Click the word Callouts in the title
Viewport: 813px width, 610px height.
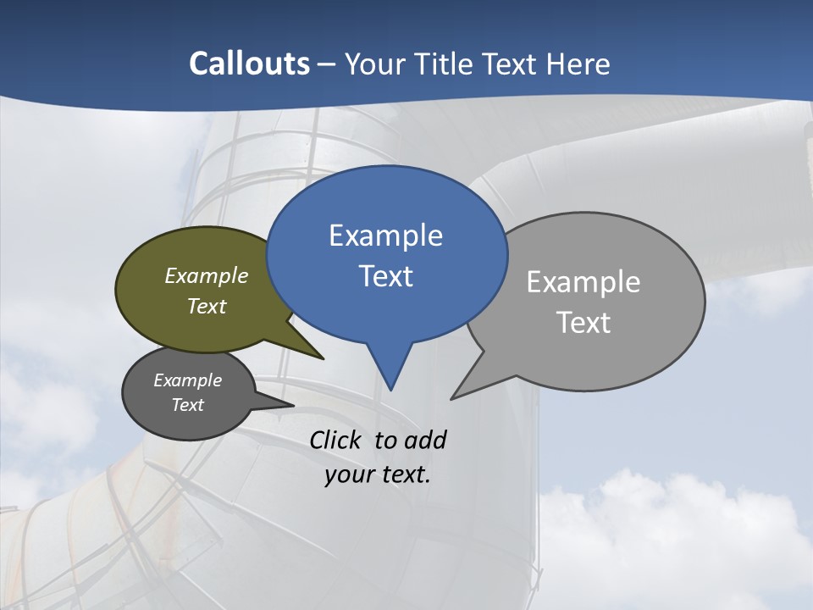coord(249,64)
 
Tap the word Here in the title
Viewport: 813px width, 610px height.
coord(578,64)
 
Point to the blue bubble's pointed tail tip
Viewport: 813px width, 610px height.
coord(390,389)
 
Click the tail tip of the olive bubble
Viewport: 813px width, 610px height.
coord(323,358)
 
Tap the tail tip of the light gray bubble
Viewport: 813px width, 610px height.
coord(452,398)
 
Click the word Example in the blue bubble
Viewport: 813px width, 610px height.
coord(385,236)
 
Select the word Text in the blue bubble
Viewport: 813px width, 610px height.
coord(385,276)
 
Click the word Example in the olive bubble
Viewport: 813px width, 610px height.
coord(207,275)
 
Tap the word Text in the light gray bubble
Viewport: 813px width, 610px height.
coord(583,323)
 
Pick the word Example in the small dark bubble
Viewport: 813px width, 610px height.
coord(187,380)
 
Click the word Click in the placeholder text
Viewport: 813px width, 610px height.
coord(335,440)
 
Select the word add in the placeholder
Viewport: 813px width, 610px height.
coord(425,440)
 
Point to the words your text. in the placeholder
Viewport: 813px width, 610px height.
coord(378,474)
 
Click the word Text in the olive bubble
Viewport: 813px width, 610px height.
coord(207,306)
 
